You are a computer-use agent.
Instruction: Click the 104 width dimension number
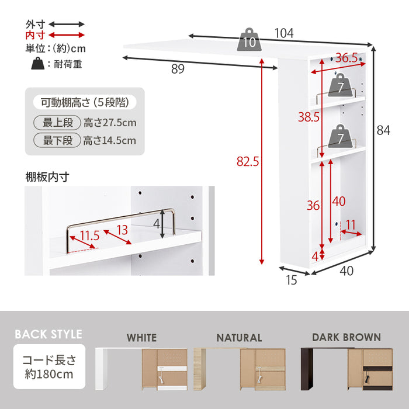[x=284, y=33]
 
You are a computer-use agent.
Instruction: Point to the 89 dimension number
[x=178, y=69]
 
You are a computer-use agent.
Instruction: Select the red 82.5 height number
[x=248, y=161]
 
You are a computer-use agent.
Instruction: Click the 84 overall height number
[x=383, y=130]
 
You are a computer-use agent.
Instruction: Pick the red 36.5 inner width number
[x=346, y=58]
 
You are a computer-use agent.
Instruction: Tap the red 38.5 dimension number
[x=309, y=117]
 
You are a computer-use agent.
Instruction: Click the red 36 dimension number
[x=313, y=206]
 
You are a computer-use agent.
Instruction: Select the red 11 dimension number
[x=351, y=225]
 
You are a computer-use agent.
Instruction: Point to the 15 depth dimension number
[x=292, y=280]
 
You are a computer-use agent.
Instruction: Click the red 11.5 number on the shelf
[x=90, y=236]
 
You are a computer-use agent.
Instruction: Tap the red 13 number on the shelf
[x=122, y=230]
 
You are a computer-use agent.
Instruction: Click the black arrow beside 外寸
[x=67, y=25]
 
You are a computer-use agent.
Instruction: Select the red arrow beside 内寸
[x=67, y=35]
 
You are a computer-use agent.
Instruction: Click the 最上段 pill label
[x=57, y=123]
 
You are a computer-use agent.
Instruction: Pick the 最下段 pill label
[x=57, y=140]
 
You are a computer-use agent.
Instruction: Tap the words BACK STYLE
[x=48, y=334]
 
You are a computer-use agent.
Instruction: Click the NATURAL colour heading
[x=239, y=338]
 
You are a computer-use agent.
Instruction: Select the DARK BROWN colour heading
[x=346, y=338]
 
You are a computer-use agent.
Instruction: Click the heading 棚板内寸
[x=47, y=177]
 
